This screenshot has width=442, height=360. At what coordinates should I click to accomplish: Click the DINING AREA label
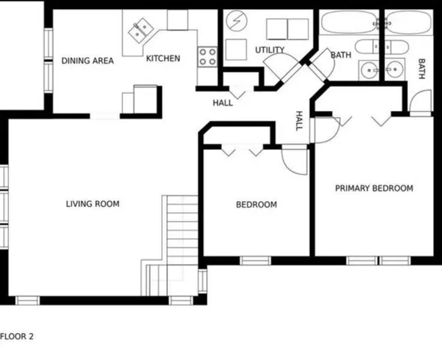tap(88, 61)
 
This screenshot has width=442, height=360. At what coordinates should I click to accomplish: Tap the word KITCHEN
tap(163, 58)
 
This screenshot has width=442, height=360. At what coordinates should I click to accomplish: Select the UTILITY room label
tap(270, 50)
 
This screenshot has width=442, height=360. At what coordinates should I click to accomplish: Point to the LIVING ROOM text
tap(92, 203)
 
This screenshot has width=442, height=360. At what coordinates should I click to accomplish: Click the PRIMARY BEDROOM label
tap(374, 188)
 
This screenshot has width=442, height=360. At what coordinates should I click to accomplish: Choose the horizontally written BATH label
tap(341, 55)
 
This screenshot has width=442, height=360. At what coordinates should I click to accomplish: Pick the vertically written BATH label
tap(421, 68)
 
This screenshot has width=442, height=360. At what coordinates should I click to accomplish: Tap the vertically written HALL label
tap(299, 121)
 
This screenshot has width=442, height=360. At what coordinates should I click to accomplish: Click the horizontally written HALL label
tap(222, 103)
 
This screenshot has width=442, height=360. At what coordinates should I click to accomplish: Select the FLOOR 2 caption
tap(17, 337)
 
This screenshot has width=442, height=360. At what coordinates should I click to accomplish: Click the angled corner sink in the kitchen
tap(139, 31)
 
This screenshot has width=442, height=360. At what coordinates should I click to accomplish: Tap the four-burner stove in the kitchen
tap(208, 55)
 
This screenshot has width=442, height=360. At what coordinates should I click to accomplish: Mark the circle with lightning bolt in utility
tap(236, 21)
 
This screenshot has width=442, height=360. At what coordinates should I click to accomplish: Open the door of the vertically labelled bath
tap(422, 103)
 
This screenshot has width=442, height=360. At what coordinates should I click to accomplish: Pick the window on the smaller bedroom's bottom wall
tap(255, 261)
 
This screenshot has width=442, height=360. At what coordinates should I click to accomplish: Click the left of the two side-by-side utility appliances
tap(277, 28)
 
